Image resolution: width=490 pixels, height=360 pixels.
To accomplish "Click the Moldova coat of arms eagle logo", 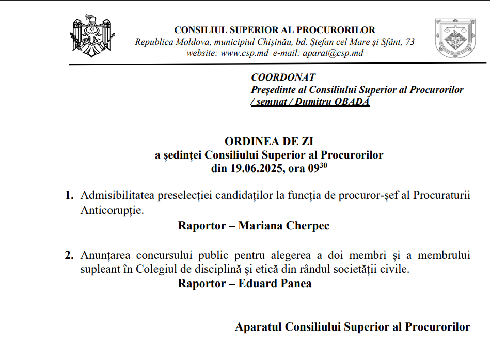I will point(91,36).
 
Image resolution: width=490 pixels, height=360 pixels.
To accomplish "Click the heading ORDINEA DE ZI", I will point(269,142).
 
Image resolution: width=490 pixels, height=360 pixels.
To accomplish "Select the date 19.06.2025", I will point(256,168).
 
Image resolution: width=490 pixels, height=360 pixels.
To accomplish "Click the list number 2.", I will point(69,255).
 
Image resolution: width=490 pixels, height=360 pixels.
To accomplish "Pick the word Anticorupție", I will point(110,211).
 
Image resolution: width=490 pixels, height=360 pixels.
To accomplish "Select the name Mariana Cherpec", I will point(283,226).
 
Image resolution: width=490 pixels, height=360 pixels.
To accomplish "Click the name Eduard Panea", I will point(275,284).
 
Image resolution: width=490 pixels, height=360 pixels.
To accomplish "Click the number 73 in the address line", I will point(410,42).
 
